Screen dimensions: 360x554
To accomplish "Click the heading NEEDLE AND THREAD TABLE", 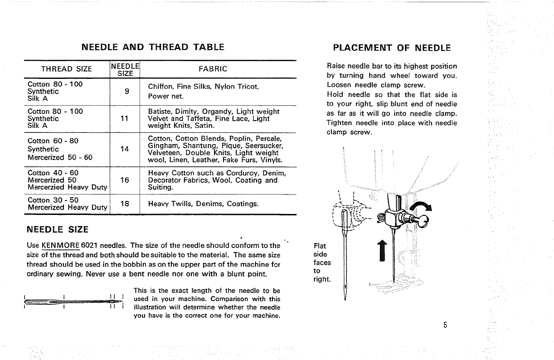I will (153, 47).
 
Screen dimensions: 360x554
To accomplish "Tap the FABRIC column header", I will (213, 69).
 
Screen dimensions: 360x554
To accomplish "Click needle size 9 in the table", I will (127, 91).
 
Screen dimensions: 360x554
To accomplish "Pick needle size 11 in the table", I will (125, 118).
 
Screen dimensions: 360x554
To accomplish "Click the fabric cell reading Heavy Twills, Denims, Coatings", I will (203, 204).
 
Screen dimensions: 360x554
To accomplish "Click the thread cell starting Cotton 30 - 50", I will (53, 200).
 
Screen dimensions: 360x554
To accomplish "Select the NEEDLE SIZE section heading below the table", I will (58, 229).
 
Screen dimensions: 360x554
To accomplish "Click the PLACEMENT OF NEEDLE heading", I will (392, 48).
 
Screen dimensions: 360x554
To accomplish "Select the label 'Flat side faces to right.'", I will (322, 263).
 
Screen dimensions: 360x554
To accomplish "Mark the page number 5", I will (446, 325).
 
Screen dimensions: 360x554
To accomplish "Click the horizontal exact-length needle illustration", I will (73, 301).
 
